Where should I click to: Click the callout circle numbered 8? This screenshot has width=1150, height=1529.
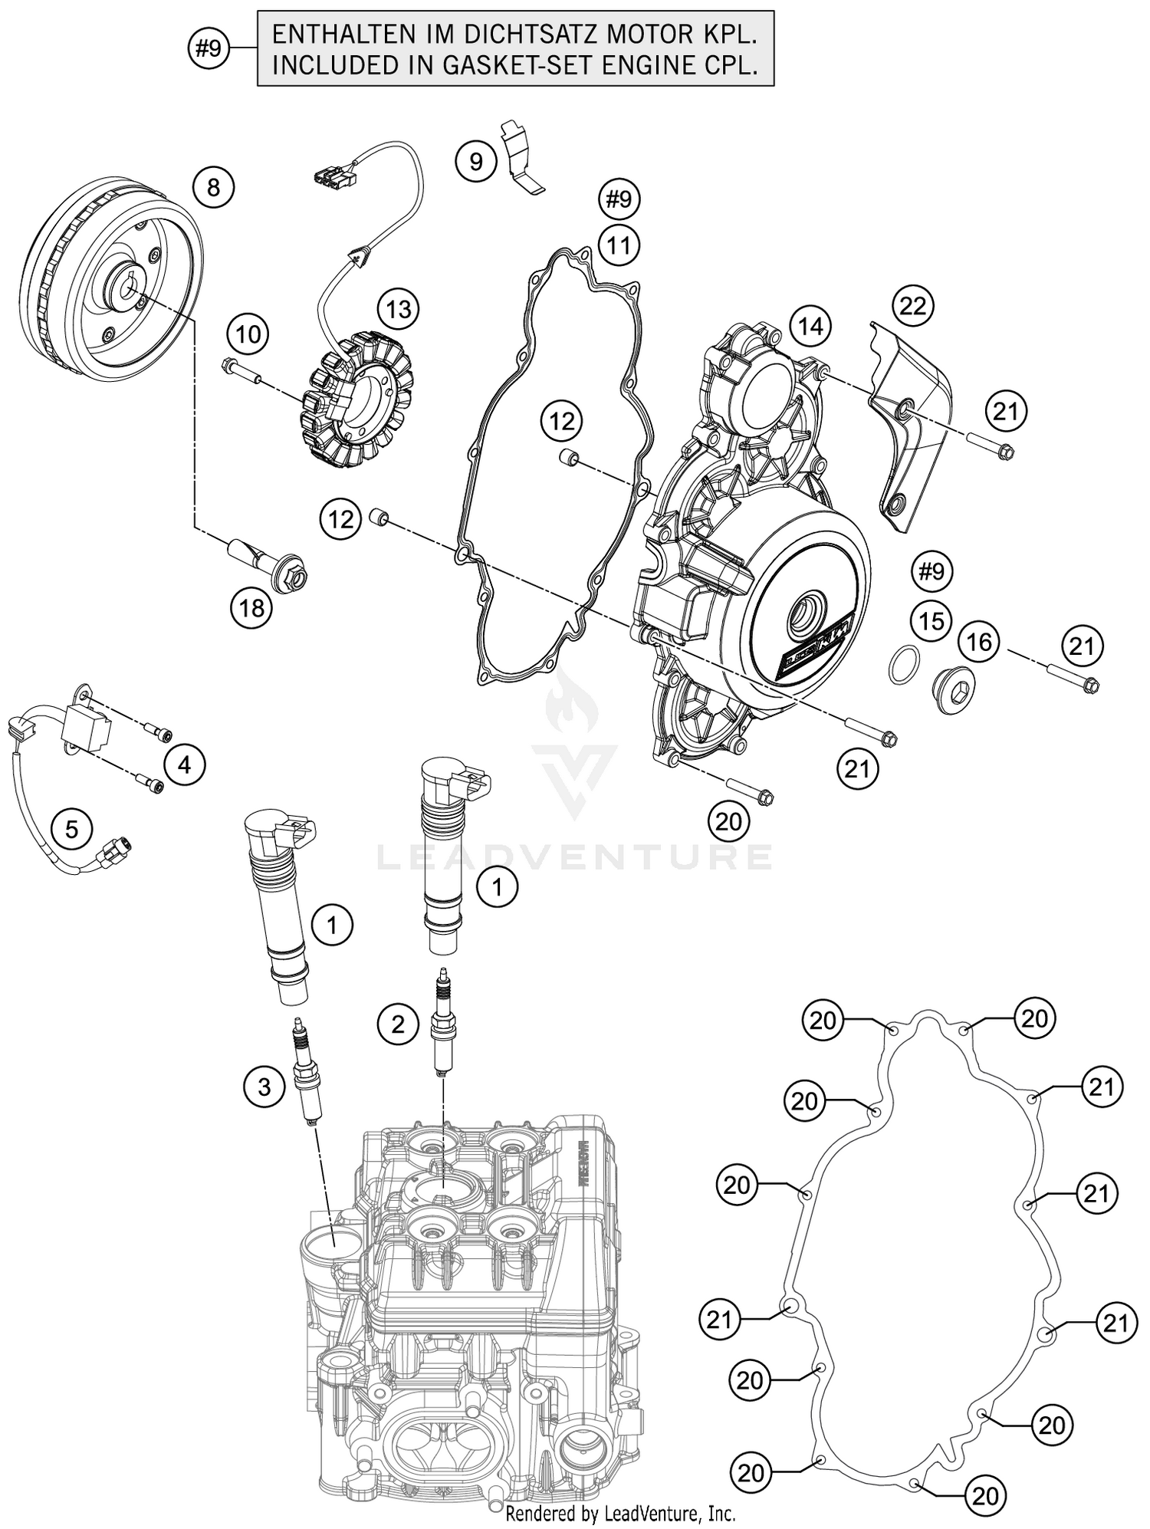click(x=213, y=188)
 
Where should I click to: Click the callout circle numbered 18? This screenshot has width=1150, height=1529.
click(x=251, y=608)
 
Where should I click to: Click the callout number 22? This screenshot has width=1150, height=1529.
click(x=912, y=306)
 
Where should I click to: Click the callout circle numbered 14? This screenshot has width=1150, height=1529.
click(x=810, y=327)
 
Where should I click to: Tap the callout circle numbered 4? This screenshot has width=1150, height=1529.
click(x=184, y=764)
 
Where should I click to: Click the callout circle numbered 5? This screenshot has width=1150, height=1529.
click(x=71, y=829)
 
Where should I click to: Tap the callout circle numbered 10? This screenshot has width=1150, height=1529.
click(x=248, y=334)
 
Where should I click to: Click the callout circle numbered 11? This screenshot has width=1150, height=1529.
click(x=619, y=246)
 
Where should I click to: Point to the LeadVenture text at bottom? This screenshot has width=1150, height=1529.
click(x=619, y=1514)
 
